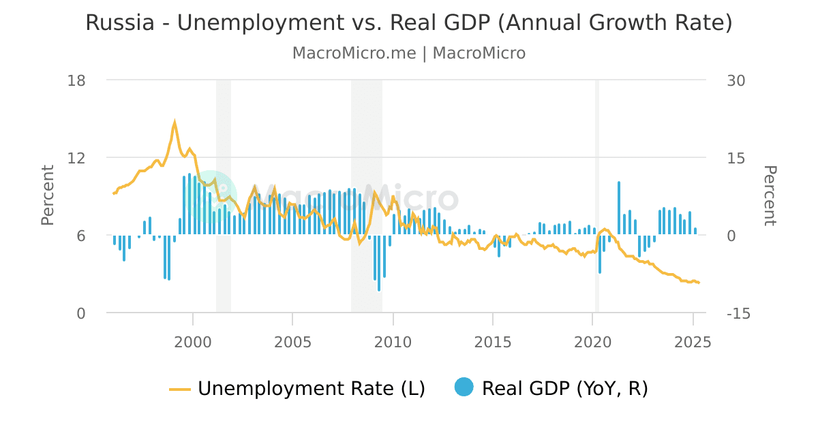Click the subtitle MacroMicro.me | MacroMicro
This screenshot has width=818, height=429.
(x=409, y=53)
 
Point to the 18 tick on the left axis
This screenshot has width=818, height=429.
(x=76, y=80)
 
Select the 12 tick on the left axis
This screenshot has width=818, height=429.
(x=76, y=158)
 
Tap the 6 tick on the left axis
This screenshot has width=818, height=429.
(x=80, y=236)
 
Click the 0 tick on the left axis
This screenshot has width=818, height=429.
(x=80, y=313)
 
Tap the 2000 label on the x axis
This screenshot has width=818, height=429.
(x=193, y=341)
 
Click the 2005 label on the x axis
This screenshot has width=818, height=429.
(x=292, y=341)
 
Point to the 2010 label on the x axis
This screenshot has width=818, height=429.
(x=393, y=341)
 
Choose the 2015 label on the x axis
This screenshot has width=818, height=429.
(x=493, y=341)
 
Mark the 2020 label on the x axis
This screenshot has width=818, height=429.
(x=593, y=341)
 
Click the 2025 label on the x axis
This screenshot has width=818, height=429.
(x=693, y=341)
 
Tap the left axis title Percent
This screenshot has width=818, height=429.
(x=48, y=195)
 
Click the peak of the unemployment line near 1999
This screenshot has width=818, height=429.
(x=175, y=123)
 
